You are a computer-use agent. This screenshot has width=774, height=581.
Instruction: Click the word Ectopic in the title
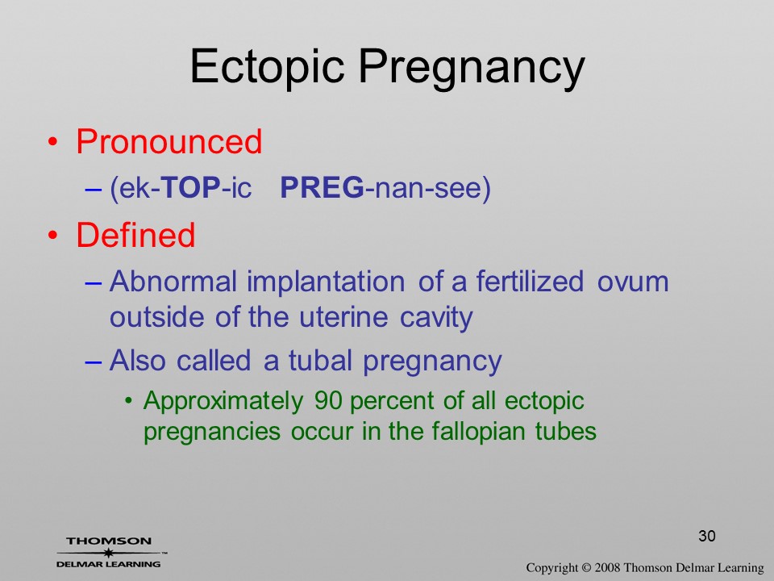point(267,67)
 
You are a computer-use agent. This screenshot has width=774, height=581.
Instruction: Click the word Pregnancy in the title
point(472,68)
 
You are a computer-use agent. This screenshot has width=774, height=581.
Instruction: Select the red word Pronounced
point(169,141)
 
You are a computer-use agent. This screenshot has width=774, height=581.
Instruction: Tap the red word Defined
point(135,234)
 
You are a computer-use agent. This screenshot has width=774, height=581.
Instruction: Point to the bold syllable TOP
point(191,187)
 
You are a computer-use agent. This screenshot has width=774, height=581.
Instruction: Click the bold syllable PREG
point(322,187)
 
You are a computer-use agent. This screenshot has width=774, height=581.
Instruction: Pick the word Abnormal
point(173,281)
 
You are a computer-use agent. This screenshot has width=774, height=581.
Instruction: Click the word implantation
point(326,282)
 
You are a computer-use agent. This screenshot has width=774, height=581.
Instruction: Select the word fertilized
point(530,281)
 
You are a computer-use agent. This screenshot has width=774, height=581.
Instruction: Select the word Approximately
point(223,402)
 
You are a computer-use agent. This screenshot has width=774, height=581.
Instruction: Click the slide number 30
point(707,536)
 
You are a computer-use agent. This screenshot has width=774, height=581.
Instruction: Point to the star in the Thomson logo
point(109,553)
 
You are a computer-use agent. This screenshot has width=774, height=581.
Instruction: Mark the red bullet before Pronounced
point(53,142)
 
